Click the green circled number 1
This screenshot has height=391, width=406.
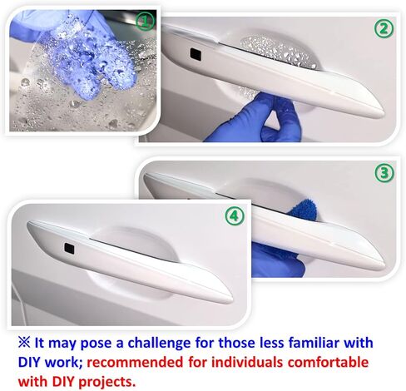click(145, 22)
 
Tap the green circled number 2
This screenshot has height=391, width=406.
click(384, 29)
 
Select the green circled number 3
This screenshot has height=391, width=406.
click(384, 173)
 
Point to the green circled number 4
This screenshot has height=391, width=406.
click(235, 215)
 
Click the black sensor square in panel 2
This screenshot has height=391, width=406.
click(196, 54)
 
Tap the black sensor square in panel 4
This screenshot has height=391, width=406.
click(70, 248)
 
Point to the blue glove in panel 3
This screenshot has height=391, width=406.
click(277, 260)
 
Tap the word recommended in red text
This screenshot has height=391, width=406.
click(135, 362)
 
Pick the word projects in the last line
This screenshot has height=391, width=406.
click(107, 382)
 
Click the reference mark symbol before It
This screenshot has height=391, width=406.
click(24, 343)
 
